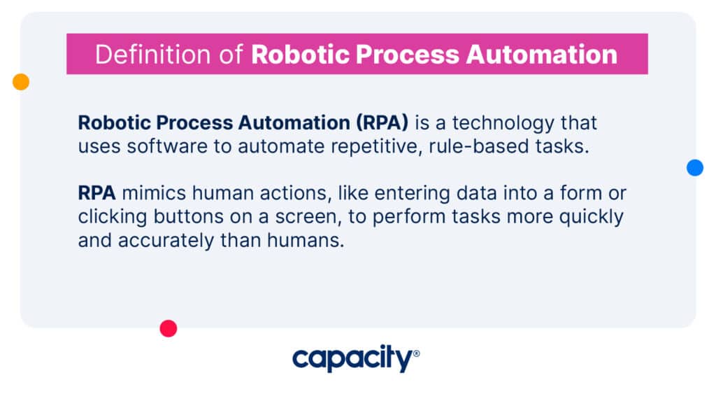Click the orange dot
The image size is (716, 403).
click(21, 82)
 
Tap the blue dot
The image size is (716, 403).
click(695, 168)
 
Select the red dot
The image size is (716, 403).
click(169, 329)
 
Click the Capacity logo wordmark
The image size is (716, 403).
click(352, 358)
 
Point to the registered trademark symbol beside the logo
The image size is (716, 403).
click(416, 353)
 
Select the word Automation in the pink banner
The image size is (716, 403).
click(542, 55)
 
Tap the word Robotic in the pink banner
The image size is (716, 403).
click(300, 55)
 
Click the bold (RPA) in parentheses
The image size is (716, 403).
click(382, 123)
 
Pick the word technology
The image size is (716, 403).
click(503, 123)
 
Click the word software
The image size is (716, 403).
click(167, 146)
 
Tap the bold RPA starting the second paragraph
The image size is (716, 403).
click(96, 193)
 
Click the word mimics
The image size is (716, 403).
click(154, 193)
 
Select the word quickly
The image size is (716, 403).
click(592, 218)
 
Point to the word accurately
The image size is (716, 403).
click(166, 241)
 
